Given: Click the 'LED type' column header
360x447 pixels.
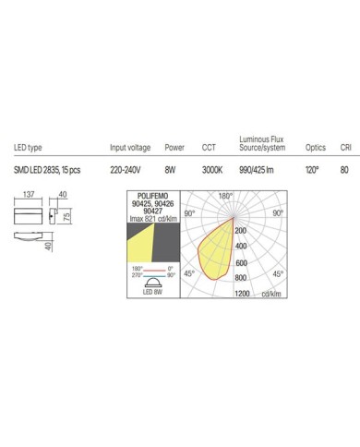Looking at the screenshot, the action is pyautogui.click(x=28, y=148).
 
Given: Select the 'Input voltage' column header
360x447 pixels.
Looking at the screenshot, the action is pyautogui.click(x=130, y=148).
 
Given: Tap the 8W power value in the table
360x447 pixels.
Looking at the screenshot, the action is pyautogui.click(x=170, y=170).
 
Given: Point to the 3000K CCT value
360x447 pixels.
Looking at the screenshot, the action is pyautogui.click(x=212, y=170).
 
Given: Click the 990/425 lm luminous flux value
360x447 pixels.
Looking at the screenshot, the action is pyautogui.click(x=257, y=170).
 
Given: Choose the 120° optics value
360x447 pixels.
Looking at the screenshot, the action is pyautogui.click(x=312, y=170).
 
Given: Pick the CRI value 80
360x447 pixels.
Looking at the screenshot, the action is pyautogui.click(x=344, y=170).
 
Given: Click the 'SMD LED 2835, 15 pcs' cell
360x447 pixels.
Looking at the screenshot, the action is pyautogui.click(x=47, y=170).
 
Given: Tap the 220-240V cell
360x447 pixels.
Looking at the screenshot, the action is pyautogui.click(x=126, y=170).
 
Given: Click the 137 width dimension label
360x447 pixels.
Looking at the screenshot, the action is pyautogui.click(x=29, y=195).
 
